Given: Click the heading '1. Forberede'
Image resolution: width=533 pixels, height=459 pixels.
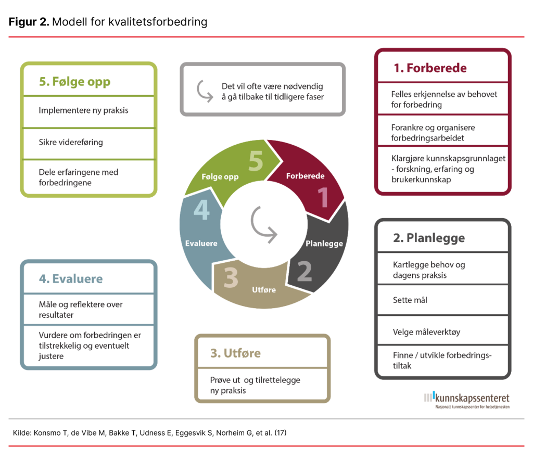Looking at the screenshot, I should coord(430,68).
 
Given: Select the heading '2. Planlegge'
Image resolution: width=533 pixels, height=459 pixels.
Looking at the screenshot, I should coord(429,238).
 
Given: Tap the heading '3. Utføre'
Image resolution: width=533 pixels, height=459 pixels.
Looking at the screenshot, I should coord(235,353).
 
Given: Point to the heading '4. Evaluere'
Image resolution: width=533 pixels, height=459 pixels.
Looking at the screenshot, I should coord(71,278).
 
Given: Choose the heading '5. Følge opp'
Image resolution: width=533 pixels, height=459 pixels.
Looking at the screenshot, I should coord(74,82).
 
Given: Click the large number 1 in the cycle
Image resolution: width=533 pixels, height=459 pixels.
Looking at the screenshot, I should coord(323,198).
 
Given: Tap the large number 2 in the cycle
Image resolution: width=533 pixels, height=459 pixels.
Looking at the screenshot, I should coord(304,271).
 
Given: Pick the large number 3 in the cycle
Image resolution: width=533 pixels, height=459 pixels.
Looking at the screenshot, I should coord(231,277).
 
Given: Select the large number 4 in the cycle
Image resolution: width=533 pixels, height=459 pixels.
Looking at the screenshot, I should coord(201,211).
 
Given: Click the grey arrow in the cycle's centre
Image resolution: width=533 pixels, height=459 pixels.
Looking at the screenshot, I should coord(263,224).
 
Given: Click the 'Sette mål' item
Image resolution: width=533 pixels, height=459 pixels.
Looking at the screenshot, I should coord(410,300).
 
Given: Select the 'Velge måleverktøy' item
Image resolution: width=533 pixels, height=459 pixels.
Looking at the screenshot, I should coord(426,331).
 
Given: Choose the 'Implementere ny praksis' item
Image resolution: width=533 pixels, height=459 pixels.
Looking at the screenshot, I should coord(83,110).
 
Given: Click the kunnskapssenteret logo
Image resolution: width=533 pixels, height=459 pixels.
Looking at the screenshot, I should coord(466,399).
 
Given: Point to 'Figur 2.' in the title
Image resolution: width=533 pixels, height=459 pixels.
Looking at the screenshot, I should coord(29,22).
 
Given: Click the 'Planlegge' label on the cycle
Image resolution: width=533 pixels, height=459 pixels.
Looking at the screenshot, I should coord(324,244).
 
